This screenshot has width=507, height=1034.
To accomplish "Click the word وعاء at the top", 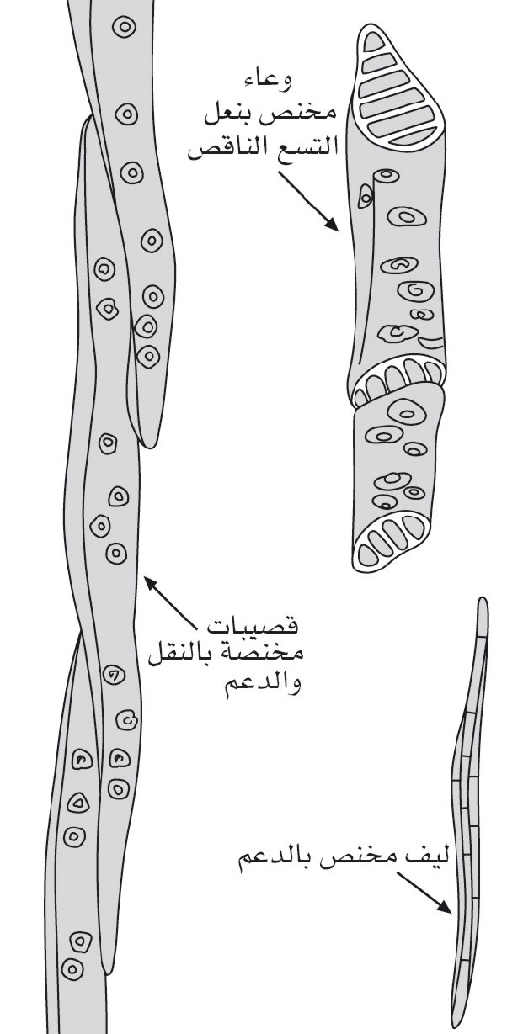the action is click(268, 82).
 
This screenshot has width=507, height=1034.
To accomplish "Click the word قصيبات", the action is click(253, 625).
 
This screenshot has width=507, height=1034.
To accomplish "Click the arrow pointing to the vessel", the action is click(308, 201).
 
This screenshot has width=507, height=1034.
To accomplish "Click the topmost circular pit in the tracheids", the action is click(125, 28).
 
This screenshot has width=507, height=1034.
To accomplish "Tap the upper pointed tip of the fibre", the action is click(482, 599).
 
